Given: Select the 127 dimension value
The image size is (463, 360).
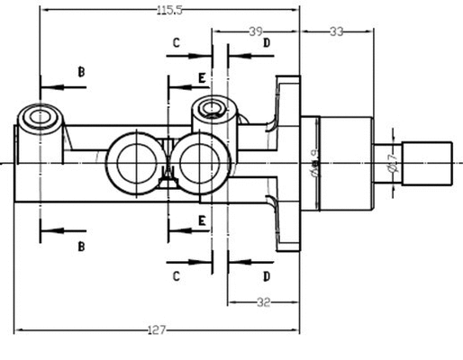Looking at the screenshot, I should [x=157, y=330].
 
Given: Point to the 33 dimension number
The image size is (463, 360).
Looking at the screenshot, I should [x=336, y=31].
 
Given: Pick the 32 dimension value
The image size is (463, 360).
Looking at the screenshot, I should [x=263, y=302].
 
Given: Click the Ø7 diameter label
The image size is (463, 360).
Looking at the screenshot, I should [x=392, y=163].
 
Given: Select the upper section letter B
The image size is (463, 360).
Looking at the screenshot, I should [x=80, y=70].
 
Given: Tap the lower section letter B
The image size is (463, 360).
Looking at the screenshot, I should [x=80, y=245].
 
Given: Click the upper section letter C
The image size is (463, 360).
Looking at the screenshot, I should [x=177, y=42].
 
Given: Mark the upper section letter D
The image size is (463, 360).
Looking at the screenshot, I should [x=267, y=42].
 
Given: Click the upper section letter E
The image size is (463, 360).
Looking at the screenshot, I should [x=202, y=78].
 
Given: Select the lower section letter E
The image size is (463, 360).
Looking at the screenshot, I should [x=202, y=220].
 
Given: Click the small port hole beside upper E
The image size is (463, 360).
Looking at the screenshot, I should [x=213, y=110].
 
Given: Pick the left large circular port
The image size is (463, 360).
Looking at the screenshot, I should [x=132, y=162].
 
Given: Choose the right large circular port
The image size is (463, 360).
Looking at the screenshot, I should [x=202, y=162].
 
